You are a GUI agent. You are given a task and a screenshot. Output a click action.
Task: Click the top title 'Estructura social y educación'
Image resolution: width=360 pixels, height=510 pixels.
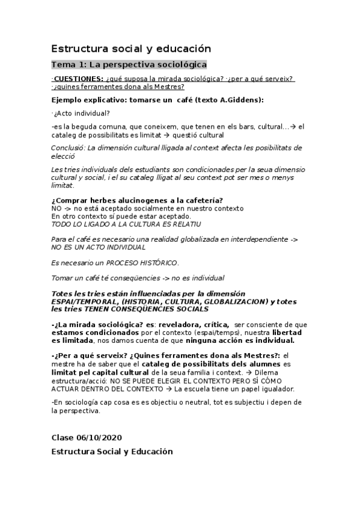(132, 48)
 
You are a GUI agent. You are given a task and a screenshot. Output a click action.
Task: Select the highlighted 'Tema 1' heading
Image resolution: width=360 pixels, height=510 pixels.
(129, 64)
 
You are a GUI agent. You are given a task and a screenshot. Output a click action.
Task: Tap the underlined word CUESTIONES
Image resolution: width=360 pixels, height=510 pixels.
(79, 79)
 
